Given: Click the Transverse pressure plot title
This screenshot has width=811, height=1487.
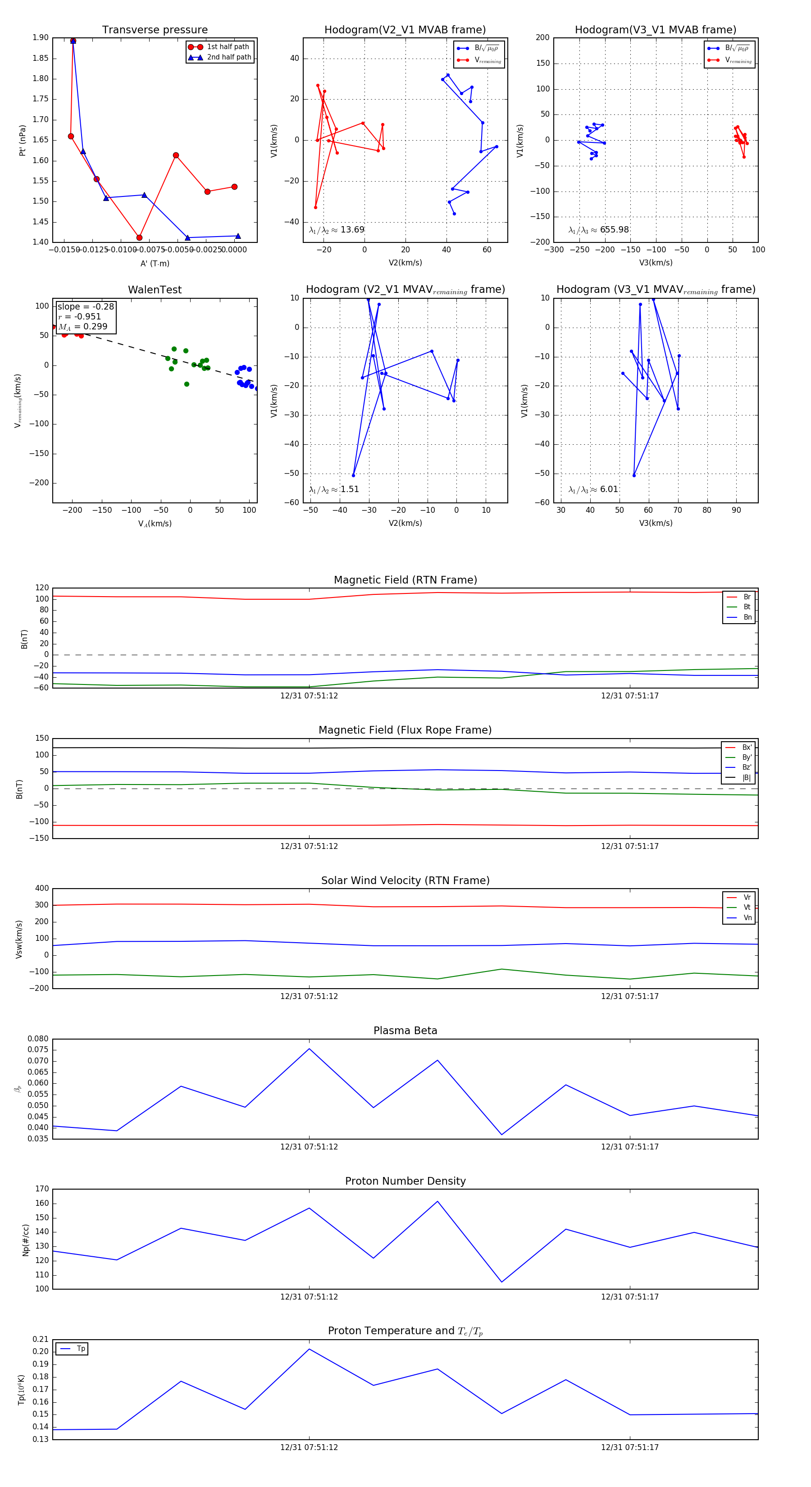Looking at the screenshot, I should coord(155,30).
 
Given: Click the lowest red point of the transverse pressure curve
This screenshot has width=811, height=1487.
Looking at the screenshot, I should coord(139,238).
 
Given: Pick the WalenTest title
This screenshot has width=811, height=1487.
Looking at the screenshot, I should coord(155,290).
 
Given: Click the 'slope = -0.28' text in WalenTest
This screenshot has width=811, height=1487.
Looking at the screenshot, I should coord(86,306).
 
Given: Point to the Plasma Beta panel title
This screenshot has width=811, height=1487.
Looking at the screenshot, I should coord(405,1031).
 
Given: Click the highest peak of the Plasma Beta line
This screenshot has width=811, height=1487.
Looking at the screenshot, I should coord(310,1048).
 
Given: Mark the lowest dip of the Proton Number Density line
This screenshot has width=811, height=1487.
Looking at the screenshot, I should coord(501,1282).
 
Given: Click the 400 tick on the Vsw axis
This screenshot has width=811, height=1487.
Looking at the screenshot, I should coord(41,889).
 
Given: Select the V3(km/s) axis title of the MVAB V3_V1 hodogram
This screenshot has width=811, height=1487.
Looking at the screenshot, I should coord(655,263).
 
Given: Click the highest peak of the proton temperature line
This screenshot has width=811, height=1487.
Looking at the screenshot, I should coord(310,1349).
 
